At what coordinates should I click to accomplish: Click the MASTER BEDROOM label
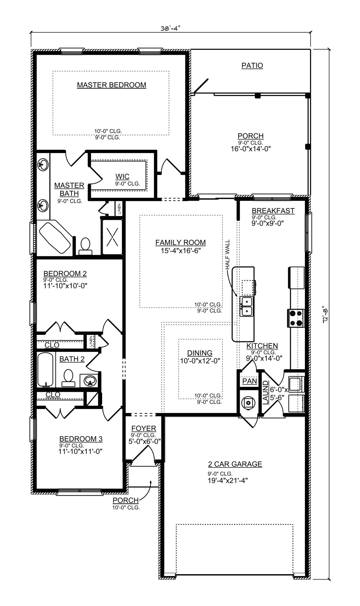pyautogui.click(x=112, y=85)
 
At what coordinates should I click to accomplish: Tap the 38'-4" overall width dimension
pyautogui.click(x=170, y=28)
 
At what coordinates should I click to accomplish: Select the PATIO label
pyautogui.click(x=252, y=65)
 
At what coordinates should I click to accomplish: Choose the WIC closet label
pyautogui.click(x=122, y=176)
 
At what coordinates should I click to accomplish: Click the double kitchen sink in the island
pyautogui.click(x=246, y=307)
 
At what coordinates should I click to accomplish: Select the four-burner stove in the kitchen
pyautogui.click(x=296, y=318)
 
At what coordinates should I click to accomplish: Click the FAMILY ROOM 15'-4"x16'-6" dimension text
pyautogui.click(x=181, y=251)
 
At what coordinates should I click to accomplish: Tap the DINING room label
pyautogui.click(x=200, y=353)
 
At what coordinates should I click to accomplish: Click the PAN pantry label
pyautogui.click(x=250, y=381)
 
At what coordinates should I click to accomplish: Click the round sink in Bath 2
pyautogui.click(x=89, y=380)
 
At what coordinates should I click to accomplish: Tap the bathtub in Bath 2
pyautogui.click(x=45, y=369)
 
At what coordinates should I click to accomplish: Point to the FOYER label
pyautogui.click(x=144, y=428)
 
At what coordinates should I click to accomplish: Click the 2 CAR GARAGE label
pyautogui.click(x=235, y=464)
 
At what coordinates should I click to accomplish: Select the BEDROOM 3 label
pyautogui.click(x=81, y=439)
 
